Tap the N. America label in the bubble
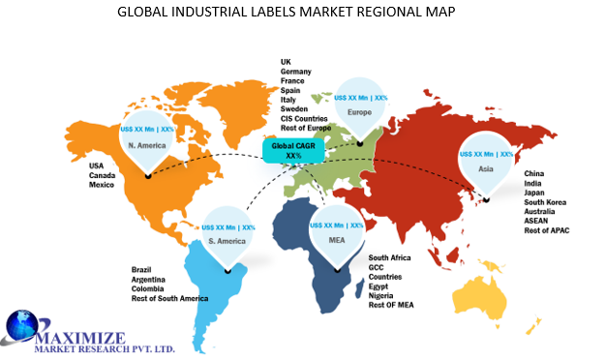(146, 145)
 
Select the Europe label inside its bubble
(360, 112)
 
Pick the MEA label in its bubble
(336, 240)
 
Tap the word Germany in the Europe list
(296, 73)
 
